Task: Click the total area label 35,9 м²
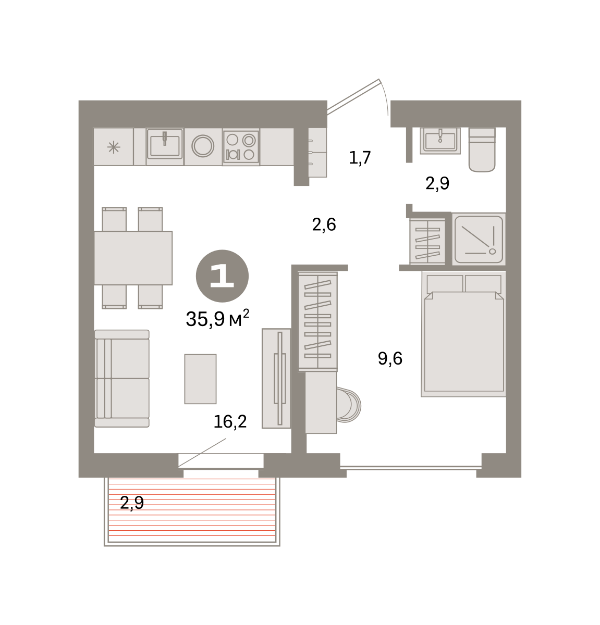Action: (217, 319)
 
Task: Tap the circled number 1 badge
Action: (222, 276)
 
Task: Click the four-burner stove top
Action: (241, 147)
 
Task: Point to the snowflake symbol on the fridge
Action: (114, 147)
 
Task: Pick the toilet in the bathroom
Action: (482, 149)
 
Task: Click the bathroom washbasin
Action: (440, 140)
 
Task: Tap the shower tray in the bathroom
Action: (479, 239)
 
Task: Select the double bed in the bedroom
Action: (463, 334)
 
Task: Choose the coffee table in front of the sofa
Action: (200, 379)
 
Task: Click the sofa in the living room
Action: (122, 378)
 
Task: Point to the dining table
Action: (133, 258)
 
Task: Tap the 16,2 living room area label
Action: (230, 422)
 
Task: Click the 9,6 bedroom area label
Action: (390, 358)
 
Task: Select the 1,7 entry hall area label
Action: (360, 158)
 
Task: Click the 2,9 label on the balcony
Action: (132, 503)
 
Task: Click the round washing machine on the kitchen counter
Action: (203, 146)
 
